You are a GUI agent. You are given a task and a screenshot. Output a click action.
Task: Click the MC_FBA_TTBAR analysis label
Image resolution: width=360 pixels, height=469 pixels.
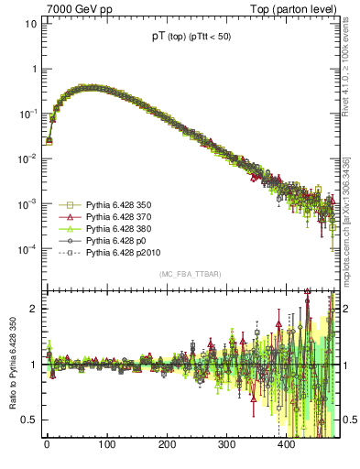coord(190,275)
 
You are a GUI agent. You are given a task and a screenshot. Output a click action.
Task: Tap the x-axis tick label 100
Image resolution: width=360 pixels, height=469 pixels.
coord(106,446)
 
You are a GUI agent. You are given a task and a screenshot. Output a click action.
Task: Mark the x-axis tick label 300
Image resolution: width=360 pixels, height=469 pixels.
coord(226,446)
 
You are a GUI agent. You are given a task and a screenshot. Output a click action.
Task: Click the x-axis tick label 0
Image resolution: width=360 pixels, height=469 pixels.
coord(47,446)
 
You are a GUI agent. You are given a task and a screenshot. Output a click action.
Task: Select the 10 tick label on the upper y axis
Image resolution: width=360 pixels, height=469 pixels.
coord(29,24)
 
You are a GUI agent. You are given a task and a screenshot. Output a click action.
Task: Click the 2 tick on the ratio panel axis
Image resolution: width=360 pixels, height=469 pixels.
coord(31,309)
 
